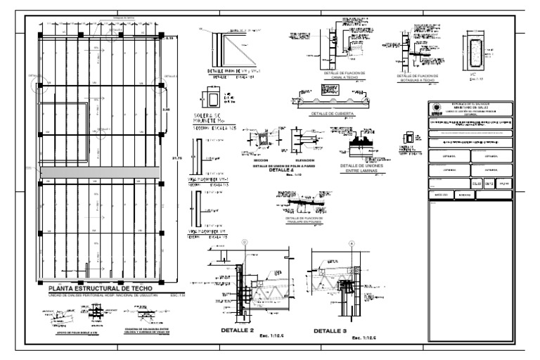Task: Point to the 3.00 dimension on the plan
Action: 166,110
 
